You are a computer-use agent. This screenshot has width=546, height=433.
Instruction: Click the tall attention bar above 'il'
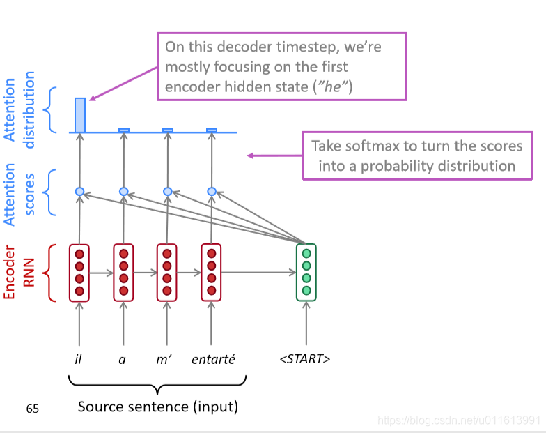pos(80,115)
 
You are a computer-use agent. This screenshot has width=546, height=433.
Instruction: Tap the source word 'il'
pos(79,360)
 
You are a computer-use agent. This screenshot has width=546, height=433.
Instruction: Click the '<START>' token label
pos(304,360)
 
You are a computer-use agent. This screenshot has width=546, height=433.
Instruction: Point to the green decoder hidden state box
pos(306,273)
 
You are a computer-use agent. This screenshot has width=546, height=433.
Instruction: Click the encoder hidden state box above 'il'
pos(79,273)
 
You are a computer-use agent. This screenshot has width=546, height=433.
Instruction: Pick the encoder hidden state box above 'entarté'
pos(211,273)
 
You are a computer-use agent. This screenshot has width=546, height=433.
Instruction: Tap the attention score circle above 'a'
pos(123,191)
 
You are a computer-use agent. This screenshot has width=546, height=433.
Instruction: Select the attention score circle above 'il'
pos(79,191)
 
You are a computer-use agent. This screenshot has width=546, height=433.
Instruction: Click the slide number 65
pos(33,409)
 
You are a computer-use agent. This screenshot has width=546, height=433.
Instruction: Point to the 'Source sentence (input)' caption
pos(157,406)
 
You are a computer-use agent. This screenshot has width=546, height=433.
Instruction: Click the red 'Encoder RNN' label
pos(19,273)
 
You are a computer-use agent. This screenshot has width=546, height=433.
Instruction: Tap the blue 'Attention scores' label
pos(19,194)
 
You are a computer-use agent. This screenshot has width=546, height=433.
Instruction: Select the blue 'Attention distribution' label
pos(19,110)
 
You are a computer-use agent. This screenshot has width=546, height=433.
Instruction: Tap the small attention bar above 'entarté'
pos(212,130)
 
